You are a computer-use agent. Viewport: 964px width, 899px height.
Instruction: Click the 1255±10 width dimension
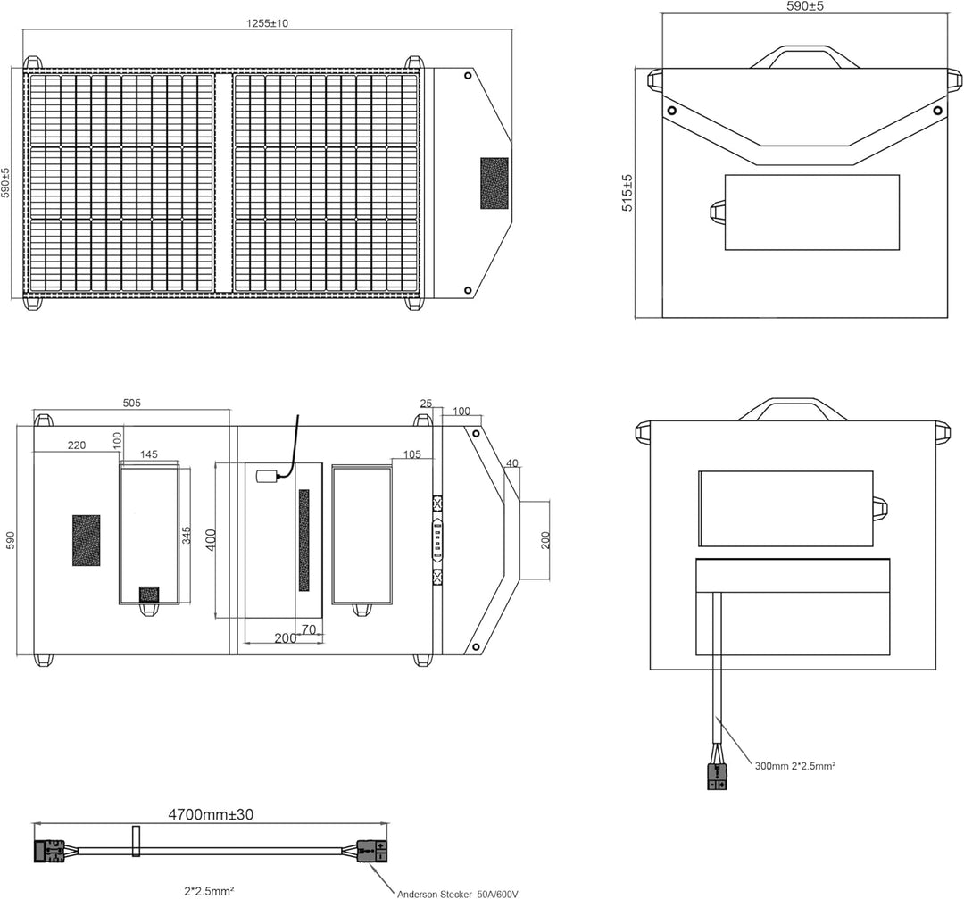[267, 23]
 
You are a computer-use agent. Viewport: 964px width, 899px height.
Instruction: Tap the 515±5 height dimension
[627, 192]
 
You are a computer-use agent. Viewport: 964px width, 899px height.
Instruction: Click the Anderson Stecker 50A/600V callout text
[458, 892]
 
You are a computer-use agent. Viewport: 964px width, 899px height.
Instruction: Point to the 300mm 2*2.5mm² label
[794, 765]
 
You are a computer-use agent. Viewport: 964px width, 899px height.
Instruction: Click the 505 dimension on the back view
[131, 404]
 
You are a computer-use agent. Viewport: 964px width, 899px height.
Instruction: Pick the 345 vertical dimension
[187, 536]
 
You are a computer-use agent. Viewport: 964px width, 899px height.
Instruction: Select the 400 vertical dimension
[211, 539]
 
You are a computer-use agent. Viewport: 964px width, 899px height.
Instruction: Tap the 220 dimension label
[76, 445]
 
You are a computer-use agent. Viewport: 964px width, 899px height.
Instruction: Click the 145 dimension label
[148, 454]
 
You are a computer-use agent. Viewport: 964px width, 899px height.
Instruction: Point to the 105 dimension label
[411, 454]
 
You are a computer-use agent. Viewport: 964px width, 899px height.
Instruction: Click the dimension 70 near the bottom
[309, 629]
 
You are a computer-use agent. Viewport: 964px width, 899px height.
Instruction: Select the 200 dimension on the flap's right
[545, 540]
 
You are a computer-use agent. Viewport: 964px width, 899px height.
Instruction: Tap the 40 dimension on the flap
[511, 462]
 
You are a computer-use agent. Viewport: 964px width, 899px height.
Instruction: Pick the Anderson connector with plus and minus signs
[372, 851]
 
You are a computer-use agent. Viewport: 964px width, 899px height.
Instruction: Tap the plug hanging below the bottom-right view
[717, 776]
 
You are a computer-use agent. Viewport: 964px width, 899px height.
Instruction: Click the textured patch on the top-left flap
[494, 183]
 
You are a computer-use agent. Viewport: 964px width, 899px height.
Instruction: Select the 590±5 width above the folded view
[804, 6]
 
